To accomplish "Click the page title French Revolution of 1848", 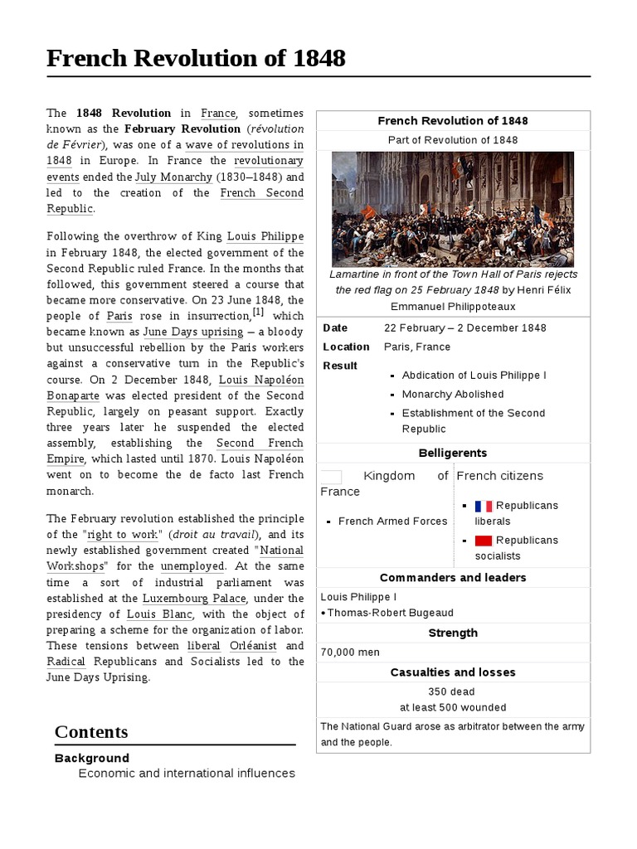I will pos(196,58).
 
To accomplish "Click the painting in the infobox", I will pos(453,209).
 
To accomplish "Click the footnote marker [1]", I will pos(258,313).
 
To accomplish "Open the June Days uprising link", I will pos(192,332).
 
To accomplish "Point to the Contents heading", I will pos(91,732).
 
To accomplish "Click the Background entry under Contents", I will pos(92,758).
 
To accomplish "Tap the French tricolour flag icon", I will pos(484,506).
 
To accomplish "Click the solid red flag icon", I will pos(484,541).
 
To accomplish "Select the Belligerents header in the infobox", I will pos(453,453).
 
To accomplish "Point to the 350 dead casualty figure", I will pos(453,691).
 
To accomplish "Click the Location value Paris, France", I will pos(417,347).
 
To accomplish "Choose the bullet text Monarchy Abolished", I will pos(453,395).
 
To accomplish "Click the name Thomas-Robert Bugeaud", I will pos(391,613).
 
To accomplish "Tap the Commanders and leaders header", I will pos(453,577).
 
